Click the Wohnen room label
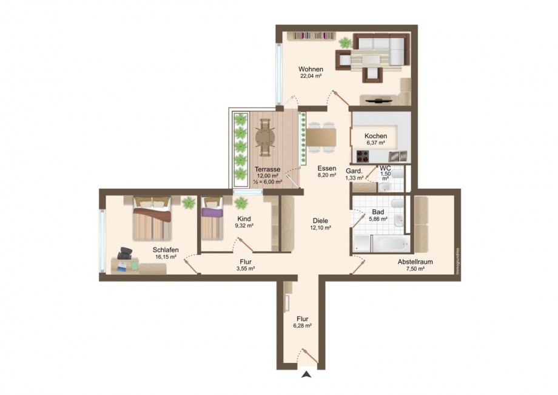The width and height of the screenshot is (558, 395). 311,69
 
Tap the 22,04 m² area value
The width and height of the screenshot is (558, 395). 311,76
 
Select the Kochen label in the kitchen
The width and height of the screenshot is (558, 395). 375,136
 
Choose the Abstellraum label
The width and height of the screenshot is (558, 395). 415,262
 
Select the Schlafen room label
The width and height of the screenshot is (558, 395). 165,249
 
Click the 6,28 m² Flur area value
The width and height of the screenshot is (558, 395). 303,326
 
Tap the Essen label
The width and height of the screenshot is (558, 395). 326,169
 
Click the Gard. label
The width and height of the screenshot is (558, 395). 354,170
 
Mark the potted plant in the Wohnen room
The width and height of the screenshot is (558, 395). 345,42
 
